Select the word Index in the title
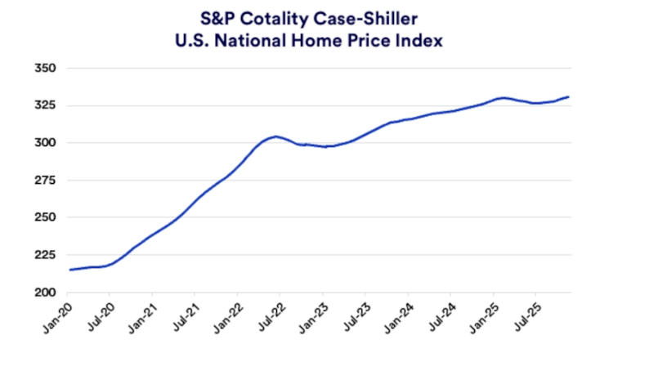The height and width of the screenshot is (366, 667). point(422,39)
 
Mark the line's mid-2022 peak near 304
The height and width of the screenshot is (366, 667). point(275,136)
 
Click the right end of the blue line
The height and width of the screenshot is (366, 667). point(569,97)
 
